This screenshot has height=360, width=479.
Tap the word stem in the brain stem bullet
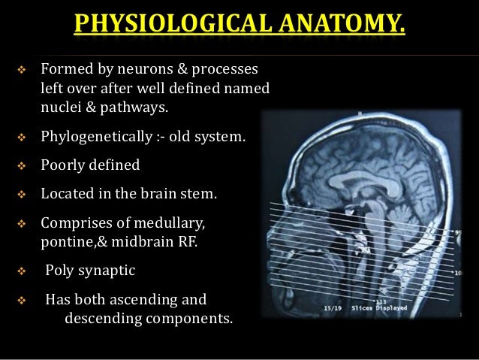[x=202, y=195]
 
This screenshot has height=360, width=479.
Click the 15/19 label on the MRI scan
[x=333, y=308]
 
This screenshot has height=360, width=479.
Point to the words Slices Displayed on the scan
[x=385, y=307]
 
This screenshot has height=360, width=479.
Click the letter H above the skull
[x=360, y=113]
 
